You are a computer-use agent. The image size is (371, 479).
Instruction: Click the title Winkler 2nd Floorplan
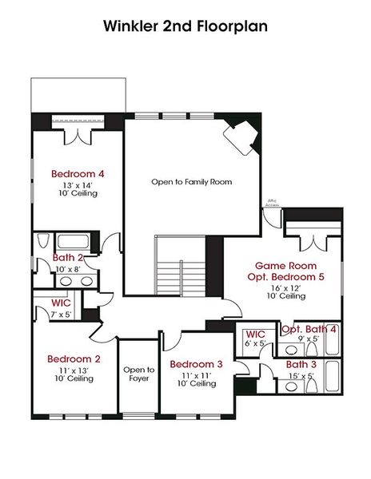click(185, 26)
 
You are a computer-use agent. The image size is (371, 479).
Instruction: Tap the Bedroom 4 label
click(78, 173)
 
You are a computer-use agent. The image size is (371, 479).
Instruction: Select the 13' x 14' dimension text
click(78, 184)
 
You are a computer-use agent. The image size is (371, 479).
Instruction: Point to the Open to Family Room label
click(192, 182)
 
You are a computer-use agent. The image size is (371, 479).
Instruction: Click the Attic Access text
click(273, 204)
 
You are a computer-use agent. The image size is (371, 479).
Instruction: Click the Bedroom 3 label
click(196, 364)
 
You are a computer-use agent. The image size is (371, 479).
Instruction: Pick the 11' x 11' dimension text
click(196, 374)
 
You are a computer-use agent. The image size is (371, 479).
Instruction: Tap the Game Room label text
click(285, 265)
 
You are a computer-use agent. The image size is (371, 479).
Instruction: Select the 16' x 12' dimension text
click(285, 287)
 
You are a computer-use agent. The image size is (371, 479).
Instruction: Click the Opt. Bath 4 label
click(309, 329)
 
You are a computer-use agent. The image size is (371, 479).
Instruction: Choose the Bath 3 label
click(303, 365)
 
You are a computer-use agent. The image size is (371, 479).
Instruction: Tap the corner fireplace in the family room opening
click(243, 138)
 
